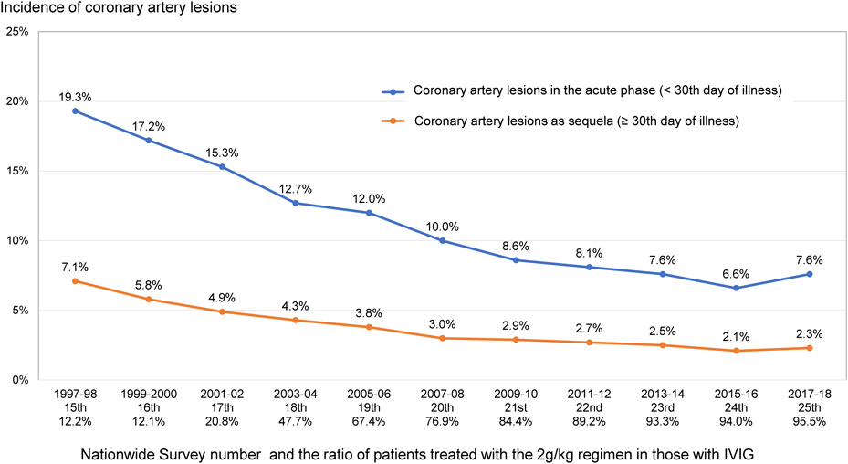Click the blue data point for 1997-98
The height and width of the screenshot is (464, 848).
click(75, 111)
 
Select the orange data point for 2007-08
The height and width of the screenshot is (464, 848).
click(442, 338)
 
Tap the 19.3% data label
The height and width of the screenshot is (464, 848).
click(75, 95)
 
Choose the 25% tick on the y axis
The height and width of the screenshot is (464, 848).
click(16, 32)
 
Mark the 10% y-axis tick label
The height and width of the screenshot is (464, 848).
click(16, 241)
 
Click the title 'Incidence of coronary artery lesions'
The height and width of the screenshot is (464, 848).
click(119, 9)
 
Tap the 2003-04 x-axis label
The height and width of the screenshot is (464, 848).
click(295, 393)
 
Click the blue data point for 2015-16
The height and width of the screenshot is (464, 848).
click(736, 288)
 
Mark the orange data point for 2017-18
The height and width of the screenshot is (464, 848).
click(809, 348)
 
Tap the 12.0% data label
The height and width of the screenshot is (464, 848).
click(369, 196)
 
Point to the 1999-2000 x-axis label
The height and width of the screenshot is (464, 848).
click(148, 393)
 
